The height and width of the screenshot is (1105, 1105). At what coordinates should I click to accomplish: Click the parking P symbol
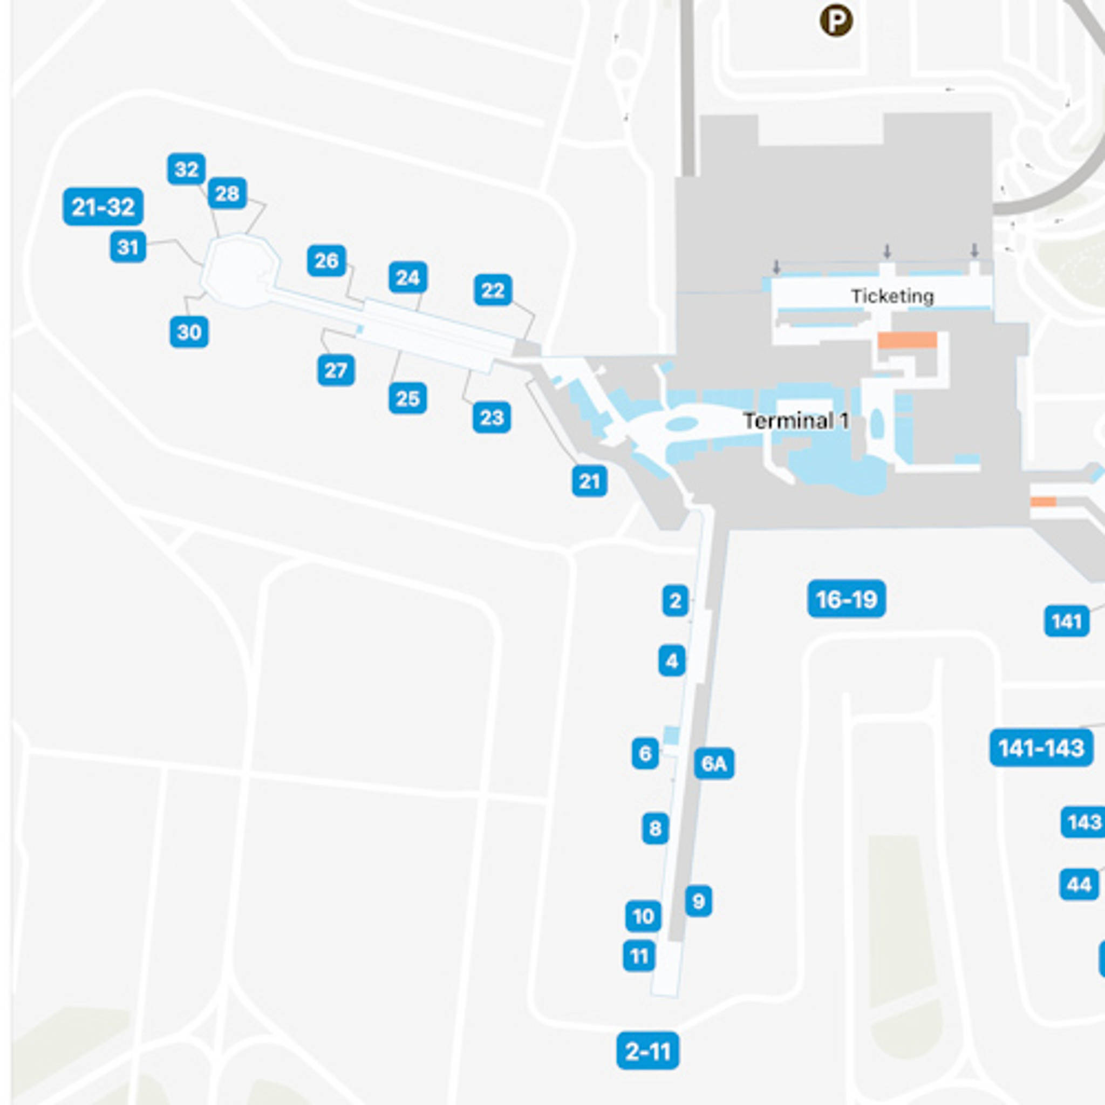click(x=836, y=21)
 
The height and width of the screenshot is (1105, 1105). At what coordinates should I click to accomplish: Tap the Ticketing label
click(x=892, y=296)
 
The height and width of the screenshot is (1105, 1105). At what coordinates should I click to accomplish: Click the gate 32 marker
click(x=187, y=169)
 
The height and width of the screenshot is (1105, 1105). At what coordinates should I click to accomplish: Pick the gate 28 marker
click(x=227, y=193)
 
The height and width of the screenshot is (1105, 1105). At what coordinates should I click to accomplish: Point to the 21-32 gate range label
click(x=103, y=207)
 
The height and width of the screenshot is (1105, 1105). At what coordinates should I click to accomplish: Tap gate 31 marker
click(x=127, y=247)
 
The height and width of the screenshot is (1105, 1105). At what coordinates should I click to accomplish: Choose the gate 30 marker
click(x=189, y=332)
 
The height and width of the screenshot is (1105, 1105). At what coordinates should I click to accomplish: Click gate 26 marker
click(x=326, y=261)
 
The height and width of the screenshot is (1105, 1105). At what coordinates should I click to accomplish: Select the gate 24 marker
click(x=408, y=278)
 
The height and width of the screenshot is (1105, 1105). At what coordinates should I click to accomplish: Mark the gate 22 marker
click(x=493, y=290)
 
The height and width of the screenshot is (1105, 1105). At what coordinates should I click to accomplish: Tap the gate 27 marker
click(x=336, y=370)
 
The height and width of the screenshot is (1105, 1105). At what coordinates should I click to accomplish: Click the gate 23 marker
click(x=492, y=418)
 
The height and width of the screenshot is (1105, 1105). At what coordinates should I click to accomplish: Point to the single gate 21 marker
click(x=589, y=481)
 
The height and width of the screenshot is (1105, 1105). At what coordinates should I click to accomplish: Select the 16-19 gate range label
click(x=846, y=599)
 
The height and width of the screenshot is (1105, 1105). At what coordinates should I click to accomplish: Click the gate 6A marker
click(x=714, y=763)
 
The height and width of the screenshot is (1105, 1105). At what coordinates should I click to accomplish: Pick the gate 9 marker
click(x=698, y=901)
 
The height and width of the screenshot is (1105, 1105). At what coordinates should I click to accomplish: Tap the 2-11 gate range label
click(x=647, y=1051)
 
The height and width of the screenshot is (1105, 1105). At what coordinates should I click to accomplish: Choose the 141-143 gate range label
click(x=1041, y=747)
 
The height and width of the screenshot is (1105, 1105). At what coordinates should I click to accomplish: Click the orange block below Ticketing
click(x=907, y=340)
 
